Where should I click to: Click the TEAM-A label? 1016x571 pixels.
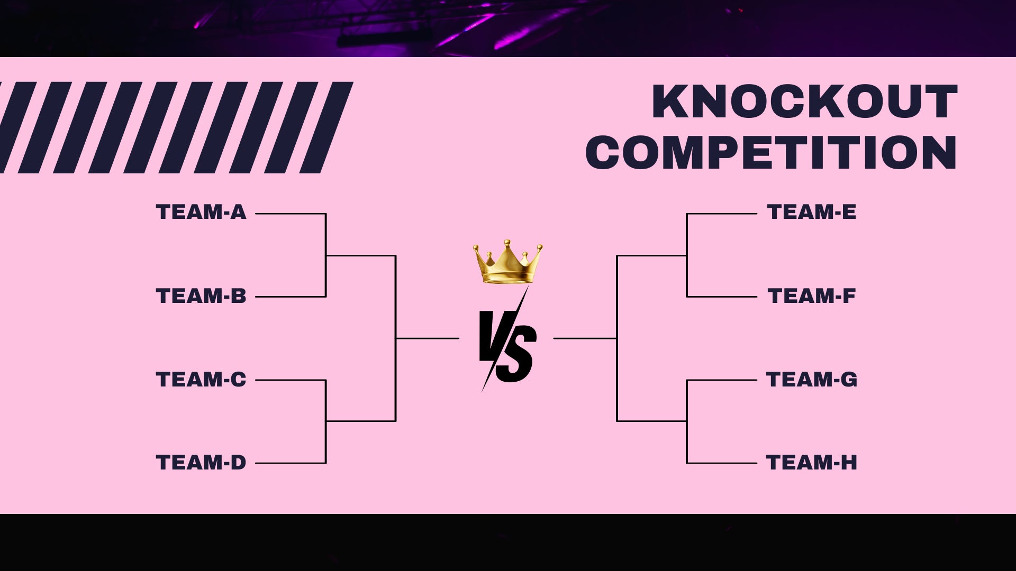pyautogui.click(x=201, y=212)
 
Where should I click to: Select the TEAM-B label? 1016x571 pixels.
pyautogui.click(x=201, y=296)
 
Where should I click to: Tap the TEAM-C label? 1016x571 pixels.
pyautogui.click(x=201, y=379)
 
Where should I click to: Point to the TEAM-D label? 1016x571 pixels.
pyautogui.click(x=201, y=463)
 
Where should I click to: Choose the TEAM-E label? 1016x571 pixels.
pyautogui.click(x=812, y=212)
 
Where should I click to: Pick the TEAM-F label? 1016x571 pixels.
pyautogui.click(x=812, y=296)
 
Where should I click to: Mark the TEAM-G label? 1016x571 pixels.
pyautogui.click(x=812, y=379)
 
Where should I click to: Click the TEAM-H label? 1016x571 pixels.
pyautogui.click(x=812, y=463)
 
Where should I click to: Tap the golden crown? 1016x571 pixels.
pyautogui.click(x=508, y=262)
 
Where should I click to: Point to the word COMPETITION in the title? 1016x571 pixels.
pyautogui.click(x=772, y=152)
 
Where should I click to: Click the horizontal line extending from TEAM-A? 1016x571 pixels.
pyautogui.click(x=291, y=214)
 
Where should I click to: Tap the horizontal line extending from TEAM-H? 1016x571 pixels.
pyautogui.click(x=722, y=463)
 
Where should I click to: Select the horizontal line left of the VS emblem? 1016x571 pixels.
pyautogui.click(x=428, y=338)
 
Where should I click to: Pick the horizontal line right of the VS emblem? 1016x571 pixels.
pyautogui.click(x=585, y=338)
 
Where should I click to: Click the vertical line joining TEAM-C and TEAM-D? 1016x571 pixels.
pyautogui.click(x=326, y=421)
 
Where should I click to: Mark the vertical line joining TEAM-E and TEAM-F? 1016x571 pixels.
pyautogui.click(x=687, y=255)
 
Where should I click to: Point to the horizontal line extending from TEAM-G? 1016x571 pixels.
pyautogui.click(x=722, y=380)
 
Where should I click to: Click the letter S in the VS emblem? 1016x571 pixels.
pyautogui.click(x=517, y=353)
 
